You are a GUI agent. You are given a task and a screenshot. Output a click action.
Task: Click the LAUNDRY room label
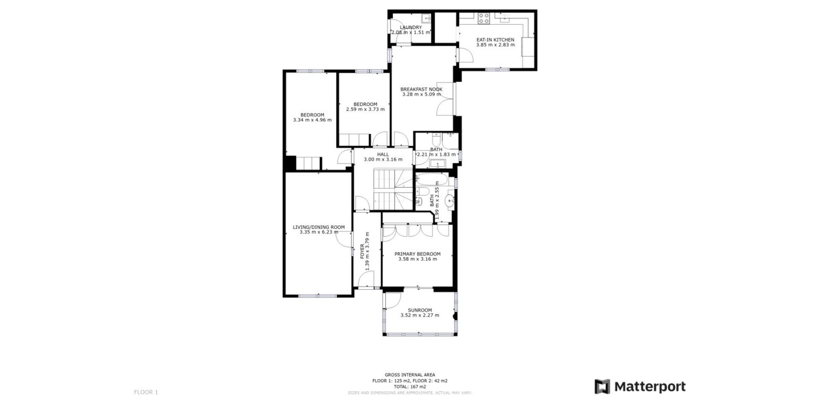[x=411, y=27]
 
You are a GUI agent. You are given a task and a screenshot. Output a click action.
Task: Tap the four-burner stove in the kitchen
[x=484, y=18]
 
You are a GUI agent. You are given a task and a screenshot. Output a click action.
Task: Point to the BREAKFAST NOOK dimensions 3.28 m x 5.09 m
[x=422, y=95]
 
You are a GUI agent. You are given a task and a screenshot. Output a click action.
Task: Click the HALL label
[x=383, y=154]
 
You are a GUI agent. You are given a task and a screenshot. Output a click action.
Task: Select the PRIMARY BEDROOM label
[x=417, y=254]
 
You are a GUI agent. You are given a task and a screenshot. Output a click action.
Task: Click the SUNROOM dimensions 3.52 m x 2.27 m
[x=419, y=316]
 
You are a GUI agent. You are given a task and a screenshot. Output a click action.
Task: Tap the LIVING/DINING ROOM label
[x=319, y=227]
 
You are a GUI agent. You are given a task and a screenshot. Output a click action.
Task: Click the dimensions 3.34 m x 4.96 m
[x=312, y=120]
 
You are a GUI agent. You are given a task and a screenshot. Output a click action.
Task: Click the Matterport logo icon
[x=602, y=387]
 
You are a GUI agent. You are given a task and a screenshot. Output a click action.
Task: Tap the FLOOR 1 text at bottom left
[x=146, y=392]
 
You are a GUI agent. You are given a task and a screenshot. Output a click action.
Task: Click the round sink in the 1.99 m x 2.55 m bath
[x=450, y=200]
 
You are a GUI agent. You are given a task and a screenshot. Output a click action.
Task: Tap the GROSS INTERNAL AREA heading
[x=409, y=375]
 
